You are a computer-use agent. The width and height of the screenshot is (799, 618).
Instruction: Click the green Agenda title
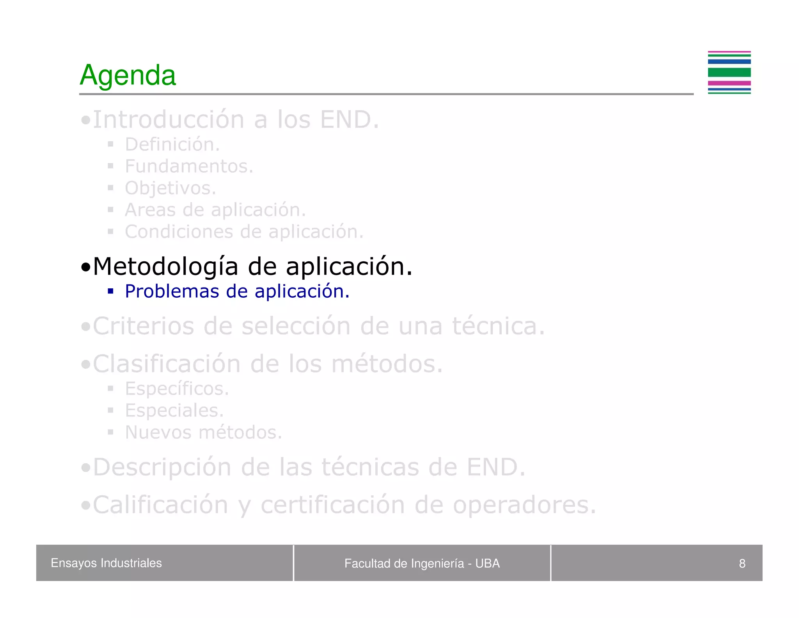[x=128, y=75]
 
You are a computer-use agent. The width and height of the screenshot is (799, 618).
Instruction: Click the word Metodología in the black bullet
[x=165, y=267]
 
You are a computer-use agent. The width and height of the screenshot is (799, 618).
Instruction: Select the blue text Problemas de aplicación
[x=237, y=291]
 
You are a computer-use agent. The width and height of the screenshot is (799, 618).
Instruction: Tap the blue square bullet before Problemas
[x=111, y=291]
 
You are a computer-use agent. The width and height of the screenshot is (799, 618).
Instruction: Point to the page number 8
[x=742, y=563]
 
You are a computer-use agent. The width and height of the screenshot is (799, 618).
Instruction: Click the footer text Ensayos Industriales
[x=106, y=563]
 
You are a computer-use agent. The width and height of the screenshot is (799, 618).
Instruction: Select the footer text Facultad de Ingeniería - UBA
[x=422, y=563]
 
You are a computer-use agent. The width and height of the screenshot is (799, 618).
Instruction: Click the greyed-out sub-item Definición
[x=172, y=145]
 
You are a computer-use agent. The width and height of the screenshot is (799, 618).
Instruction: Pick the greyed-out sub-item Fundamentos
[x=189, y=166]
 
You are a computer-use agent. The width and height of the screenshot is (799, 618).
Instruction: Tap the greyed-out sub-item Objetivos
[x=170, y=188]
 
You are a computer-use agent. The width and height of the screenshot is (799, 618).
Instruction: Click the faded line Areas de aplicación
[x=215, y=210]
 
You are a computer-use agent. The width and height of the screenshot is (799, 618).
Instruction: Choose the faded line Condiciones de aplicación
[x=244, y=232]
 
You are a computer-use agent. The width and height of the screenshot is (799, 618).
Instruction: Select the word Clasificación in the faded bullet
[x=167, y=364]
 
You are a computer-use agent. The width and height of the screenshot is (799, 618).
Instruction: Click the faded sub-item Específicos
[x=176, y=389]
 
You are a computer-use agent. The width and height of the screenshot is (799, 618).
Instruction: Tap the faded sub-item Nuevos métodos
[x=203, y=432]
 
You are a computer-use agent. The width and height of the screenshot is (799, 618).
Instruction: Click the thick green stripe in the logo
[x=729, y=72]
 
